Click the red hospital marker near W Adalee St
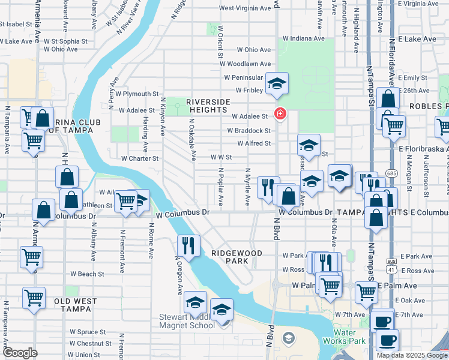coord(279,113)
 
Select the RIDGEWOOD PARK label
coord(237,257)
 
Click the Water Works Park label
coord(349,337)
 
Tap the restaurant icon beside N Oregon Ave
coord(189,245)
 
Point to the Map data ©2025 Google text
coord(411,355)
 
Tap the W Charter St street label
coord(139,159)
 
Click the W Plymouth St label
coord(137,94)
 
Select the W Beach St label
coord(87,274)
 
